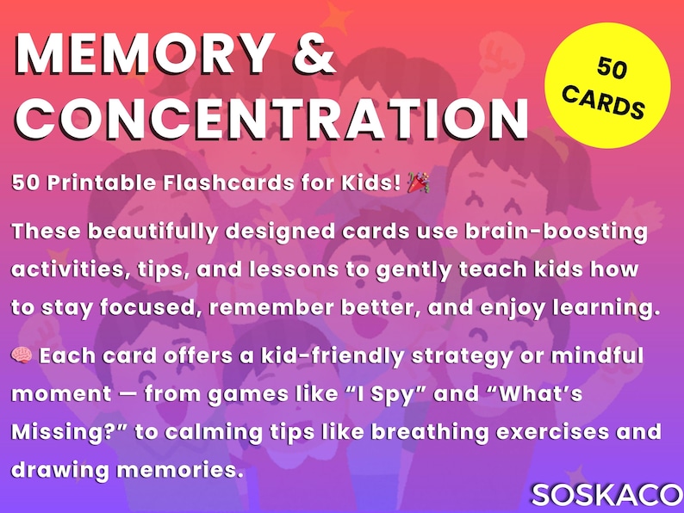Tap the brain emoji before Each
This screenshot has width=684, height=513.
pyautogui.click(x=22, y=356)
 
